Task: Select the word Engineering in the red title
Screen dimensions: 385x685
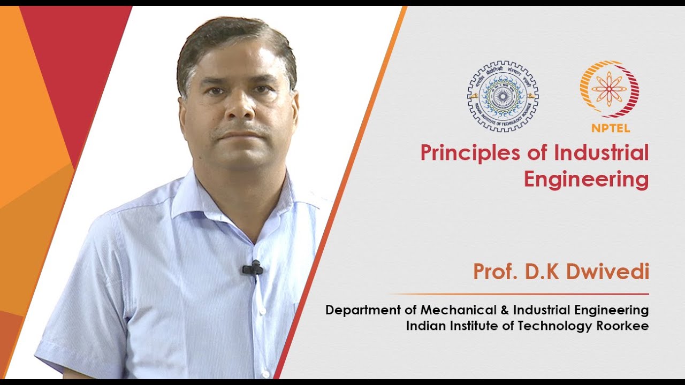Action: (x=586, y=180)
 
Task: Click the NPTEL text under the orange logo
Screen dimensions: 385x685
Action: (x=611, y=128)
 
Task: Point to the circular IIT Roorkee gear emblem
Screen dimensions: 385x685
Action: (x=503, y=96)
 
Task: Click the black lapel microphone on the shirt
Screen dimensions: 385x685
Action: (x=253, y=268)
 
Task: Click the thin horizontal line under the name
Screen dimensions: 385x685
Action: (x=519, y=294)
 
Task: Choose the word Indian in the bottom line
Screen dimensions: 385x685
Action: (x=423, y=325)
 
